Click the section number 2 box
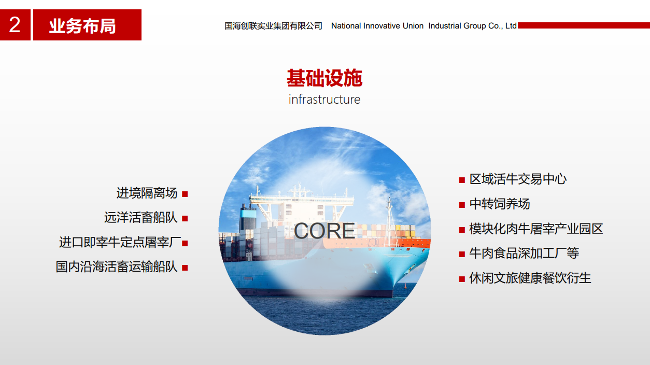click(15, 25)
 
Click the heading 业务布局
click(82, 26)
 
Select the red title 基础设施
click(324, 78)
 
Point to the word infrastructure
click(324, 100)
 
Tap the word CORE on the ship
click(324, 231)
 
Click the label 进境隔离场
click(147, 193)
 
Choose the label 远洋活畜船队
click(141, 217)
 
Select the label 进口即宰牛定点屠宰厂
click(120, 242)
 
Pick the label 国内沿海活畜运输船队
click(116, 266)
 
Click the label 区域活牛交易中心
click(518, 179)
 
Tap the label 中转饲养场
click(500, 204)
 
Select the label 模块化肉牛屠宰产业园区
click(536, 229)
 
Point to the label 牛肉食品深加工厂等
click(524, 253)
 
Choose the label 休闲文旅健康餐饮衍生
click(530, 278)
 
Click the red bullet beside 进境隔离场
click(185, 194)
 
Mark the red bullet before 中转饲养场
click(462, 205)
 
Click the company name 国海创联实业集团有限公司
click(273, 26)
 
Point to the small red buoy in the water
click(405, 286)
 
